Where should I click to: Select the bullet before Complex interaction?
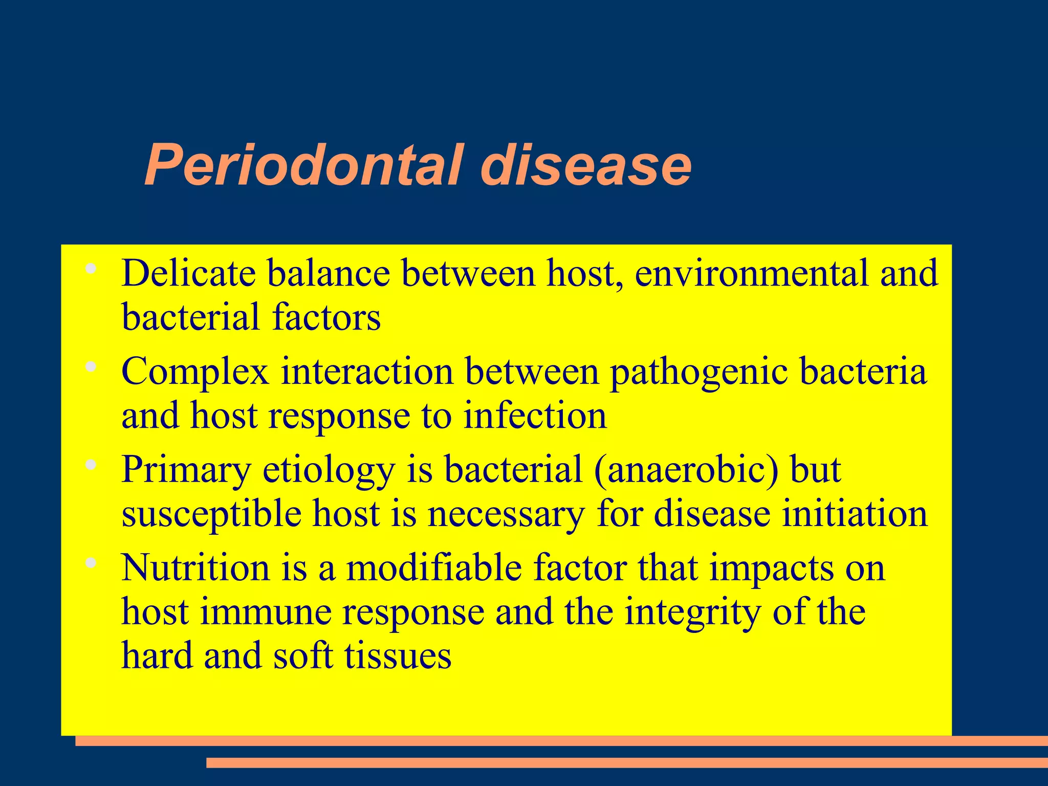[x=92, y=366]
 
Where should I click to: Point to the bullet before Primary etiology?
[x=92, y=465]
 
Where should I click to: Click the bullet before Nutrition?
[x=92, y=563]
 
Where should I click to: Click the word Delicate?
[x=188, y=274]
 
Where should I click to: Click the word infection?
[x=535, y=416]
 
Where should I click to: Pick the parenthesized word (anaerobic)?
[x=686, y=470]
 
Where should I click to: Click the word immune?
[x=266, y=612]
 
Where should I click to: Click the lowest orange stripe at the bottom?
[x=627, y=762]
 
